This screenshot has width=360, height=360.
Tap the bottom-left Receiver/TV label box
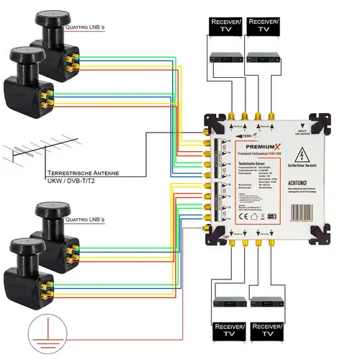click(x=225, y=333)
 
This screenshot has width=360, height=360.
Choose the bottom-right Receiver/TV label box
click(x=264, y=333)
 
